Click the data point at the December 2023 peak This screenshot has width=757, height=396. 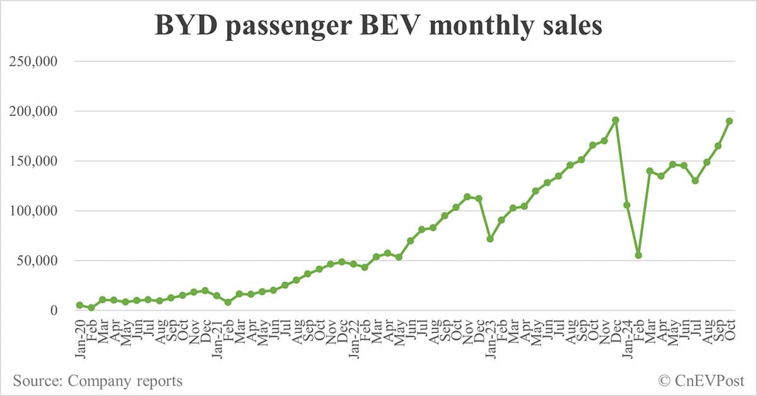(x=616, y=120)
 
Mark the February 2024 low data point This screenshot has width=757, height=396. (x=638, y=255)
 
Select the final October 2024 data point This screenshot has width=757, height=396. (x=729, y=121)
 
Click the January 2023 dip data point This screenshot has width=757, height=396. (x=490, y=238)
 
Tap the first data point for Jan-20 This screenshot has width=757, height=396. (x=79, y=305)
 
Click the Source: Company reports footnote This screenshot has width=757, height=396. (x=98, y=381)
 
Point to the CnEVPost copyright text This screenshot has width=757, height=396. (x=701, y=381)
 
